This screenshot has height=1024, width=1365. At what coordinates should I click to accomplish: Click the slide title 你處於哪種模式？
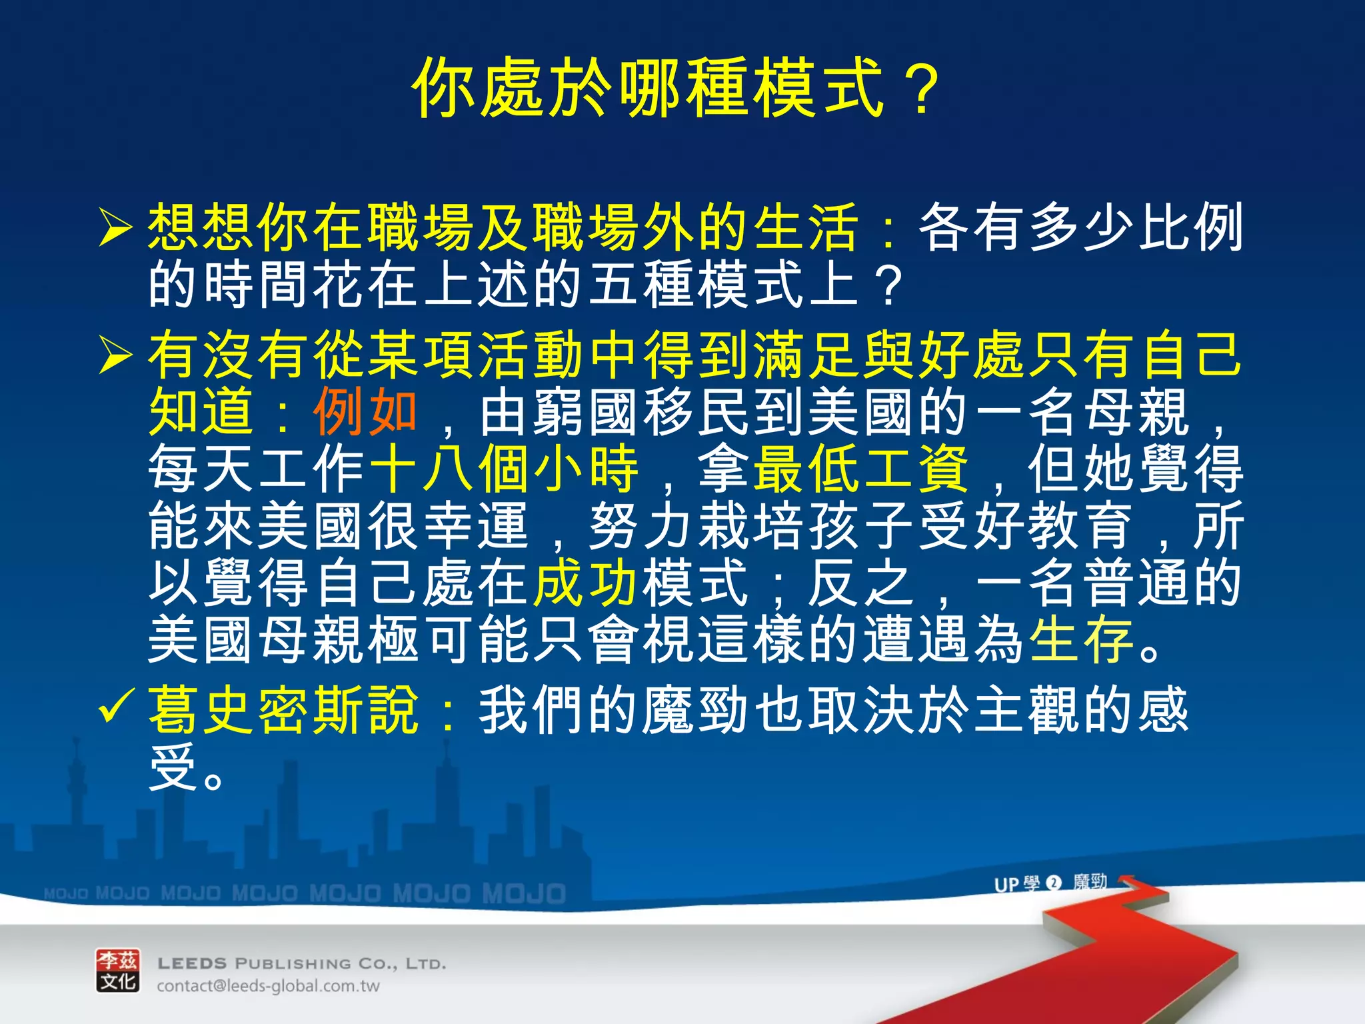coord(676,89)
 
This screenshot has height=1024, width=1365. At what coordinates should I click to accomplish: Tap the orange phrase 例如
coord(365,411)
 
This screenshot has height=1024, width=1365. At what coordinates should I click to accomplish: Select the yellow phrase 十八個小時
coord(504,469)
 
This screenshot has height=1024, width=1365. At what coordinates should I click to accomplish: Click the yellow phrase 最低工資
coord(860,469)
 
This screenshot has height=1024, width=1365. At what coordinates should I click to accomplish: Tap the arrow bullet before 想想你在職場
coord(115,227)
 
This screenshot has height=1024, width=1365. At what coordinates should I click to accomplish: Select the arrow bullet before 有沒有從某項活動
coord(115,354)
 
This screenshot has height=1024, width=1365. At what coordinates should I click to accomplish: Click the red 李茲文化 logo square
coord(118,970)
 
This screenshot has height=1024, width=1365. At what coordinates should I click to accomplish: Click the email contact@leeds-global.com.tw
coord(268,986)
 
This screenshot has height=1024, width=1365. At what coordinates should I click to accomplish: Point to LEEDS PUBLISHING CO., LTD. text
coord(301,963)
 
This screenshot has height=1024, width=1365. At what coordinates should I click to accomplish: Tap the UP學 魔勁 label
coord(1050,883)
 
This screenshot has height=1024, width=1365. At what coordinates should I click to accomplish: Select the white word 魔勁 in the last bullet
coord(694,711)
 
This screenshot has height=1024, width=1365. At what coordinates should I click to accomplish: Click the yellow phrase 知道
coord(201,411)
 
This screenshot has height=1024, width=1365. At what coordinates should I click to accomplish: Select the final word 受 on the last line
coord(172,767)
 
